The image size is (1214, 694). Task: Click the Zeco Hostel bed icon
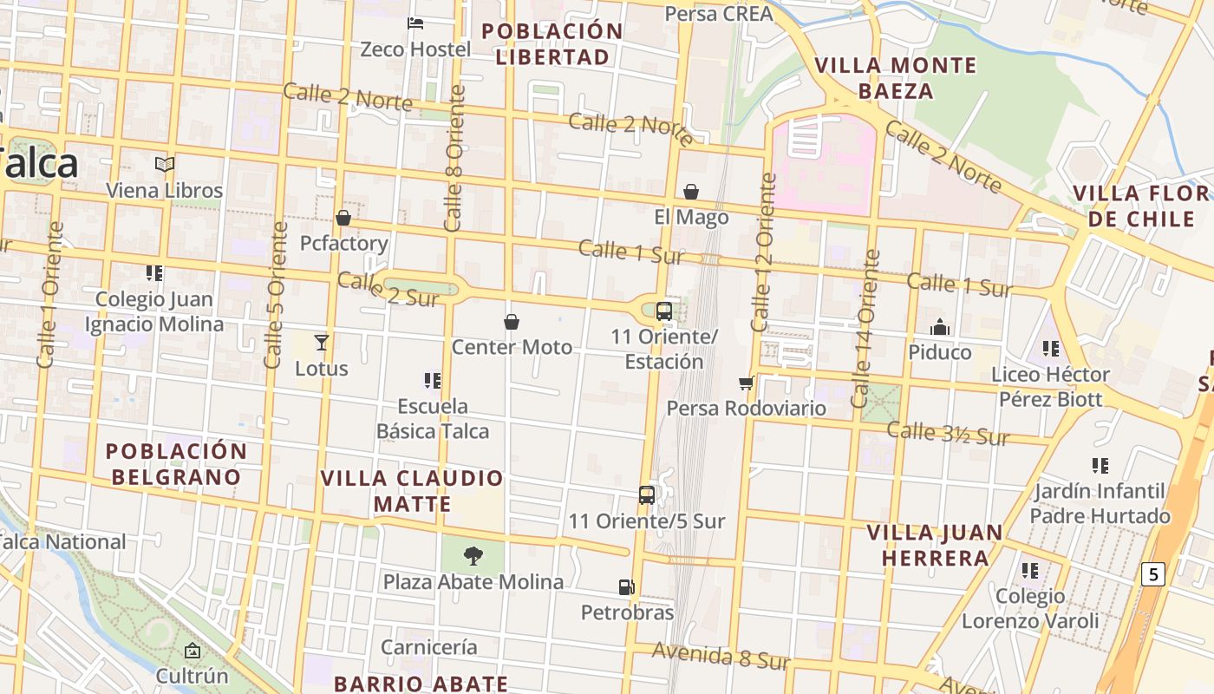tap(415, 23)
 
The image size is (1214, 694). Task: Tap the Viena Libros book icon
tap(165, 164)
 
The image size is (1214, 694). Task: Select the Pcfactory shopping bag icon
tap(343, 217)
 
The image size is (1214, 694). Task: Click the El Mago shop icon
tap(691, 191)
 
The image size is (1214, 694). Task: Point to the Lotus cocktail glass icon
tap(322, 342)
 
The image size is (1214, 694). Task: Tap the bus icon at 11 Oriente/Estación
tap(664, 311)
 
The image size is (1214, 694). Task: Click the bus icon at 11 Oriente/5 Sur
tap(647, 494)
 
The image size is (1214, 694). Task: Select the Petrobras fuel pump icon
tap(626, 586)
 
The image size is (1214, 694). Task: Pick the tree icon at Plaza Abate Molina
tap(473, 555)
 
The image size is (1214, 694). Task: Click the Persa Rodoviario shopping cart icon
tap(746, 383)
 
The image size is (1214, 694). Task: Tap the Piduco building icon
tap(940, 327)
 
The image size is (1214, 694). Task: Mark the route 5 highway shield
tap(1152, 573)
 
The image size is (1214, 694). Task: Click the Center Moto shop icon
tap(512, 322)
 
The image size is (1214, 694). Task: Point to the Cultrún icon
tap(193, 650)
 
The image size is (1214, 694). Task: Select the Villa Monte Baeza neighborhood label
tap(896, 78)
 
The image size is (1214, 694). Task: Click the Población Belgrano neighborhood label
tap(176, 464)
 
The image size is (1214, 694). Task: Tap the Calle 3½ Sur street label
tap(948, 433)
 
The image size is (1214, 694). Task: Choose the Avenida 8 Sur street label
tap(721, 656)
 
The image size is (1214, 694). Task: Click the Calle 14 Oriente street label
tap(866, 330)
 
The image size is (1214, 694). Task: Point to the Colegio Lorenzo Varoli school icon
tap(1030, 570)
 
